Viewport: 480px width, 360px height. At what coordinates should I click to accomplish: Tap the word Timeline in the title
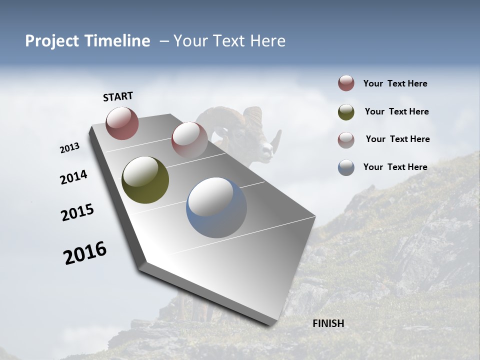119,41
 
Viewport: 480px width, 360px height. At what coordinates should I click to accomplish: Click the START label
118,96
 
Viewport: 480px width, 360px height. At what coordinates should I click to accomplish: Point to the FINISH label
328,323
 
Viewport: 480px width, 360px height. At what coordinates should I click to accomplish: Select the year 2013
70,148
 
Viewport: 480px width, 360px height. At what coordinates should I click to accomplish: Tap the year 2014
73,177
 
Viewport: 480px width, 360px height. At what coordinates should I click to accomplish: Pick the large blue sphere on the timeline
216,207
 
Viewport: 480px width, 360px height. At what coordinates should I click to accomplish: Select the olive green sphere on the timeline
145,180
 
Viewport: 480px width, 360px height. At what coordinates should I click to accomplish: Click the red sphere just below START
122,123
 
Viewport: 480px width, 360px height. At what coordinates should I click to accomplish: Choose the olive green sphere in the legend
346,112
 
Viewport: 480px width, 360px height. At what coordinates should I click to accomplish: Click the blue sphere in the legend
346,167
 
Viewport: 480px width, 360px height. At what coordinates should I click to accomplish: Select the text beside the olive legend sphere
396,111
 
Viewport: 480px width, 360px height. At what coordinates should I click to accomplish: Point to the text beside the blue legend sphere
395,167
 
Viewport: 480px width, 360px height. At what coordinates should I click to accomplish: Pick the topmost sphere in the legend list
346,83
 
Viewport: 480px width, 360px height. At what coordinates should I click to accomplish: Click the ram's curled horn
252,117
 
